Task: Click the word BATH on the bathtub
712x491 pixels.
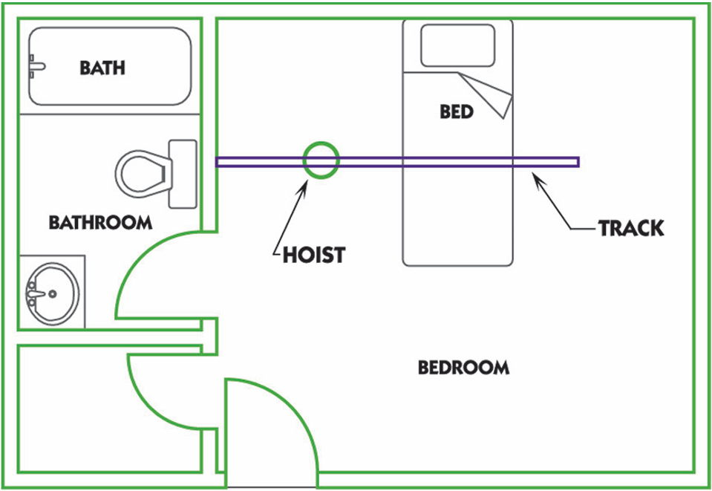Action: tap(102, 68)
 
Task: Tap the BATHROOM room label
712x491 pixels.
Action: tap(100, 222)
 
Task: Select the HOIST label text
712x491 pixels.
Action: tap(313, 256)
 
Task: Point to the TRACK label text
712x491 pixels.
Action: tap(631, 228)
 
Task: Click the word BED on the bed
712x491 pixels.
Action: tap(457, 112)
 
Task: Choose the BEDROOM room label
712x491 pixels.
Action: tap(463, 368)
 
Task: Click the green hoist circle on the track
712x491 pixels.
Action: tap(321, 160)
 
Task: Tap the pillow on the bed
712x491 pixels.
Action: tap(457, 46)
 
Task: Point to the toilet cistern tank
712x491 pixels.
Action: tap(183, 174)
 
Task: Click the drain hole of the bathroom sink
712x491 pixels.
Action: tap(53, 294)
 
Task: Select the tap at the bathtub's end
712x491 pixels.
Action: tap(35, 67)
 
